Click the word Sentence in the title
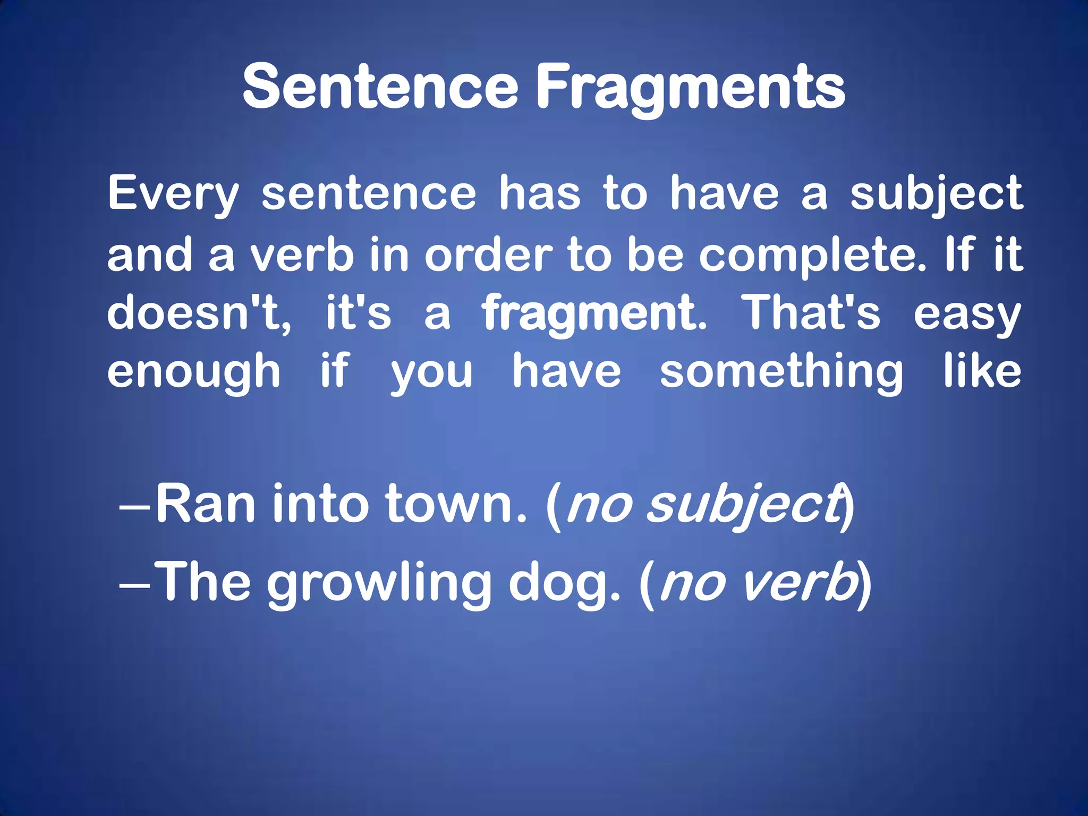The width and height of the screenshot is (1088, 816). [380, 87]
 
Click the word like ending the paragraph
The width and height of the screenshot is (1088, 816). [982, 370]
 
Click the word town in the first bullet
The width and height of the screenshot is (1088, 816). [455, 504]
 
